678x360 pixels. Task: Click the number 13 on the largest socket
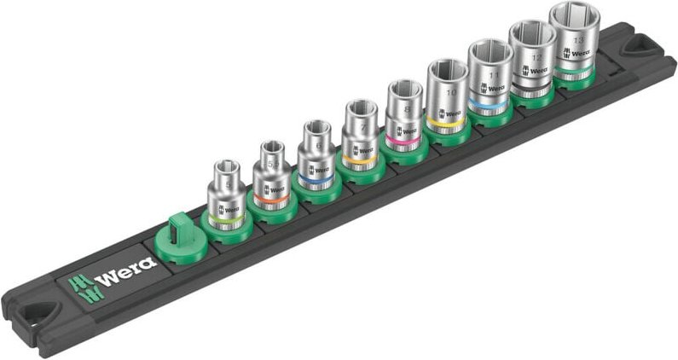[579, 40]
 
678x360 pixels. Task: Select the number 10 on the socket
[450, 91]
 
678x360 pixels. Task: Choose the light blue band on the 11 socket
[487, 107]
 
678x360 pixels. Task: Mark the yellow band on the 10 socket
[443, 125]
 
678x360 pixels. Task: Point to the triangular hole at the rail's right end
[638, 49]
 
